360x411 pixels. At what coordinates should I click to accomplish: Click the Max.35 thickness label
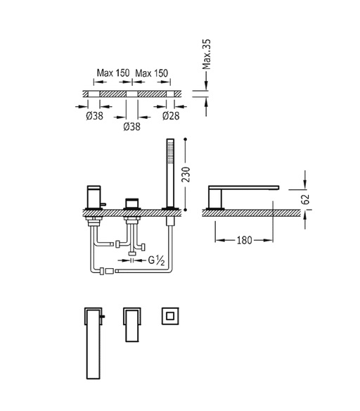click(207, 54)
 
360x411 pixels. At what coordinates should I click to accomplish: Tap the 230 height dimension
click(186, 175)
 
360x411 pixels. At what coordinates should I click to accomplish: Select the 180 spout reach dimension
click(244, 240)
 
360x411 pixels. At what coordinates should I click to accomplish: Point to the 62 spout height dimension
click(305, 199)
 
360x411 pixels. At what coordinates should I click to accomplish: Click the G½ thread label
click(156, 260)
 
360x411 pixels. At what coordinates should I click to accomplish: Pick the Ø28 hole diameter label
click(171, 115)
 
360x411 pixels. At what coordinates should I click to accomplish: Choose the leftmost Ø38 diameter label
click(94, 115)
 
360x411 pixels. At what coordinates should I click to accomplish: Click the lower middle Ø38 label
click(131, 127)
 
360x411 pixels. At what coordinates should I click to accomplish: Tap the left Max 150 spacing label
click(113, 73)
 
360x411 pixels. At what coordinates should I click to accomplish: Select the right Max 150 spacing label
click(151, 73)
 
